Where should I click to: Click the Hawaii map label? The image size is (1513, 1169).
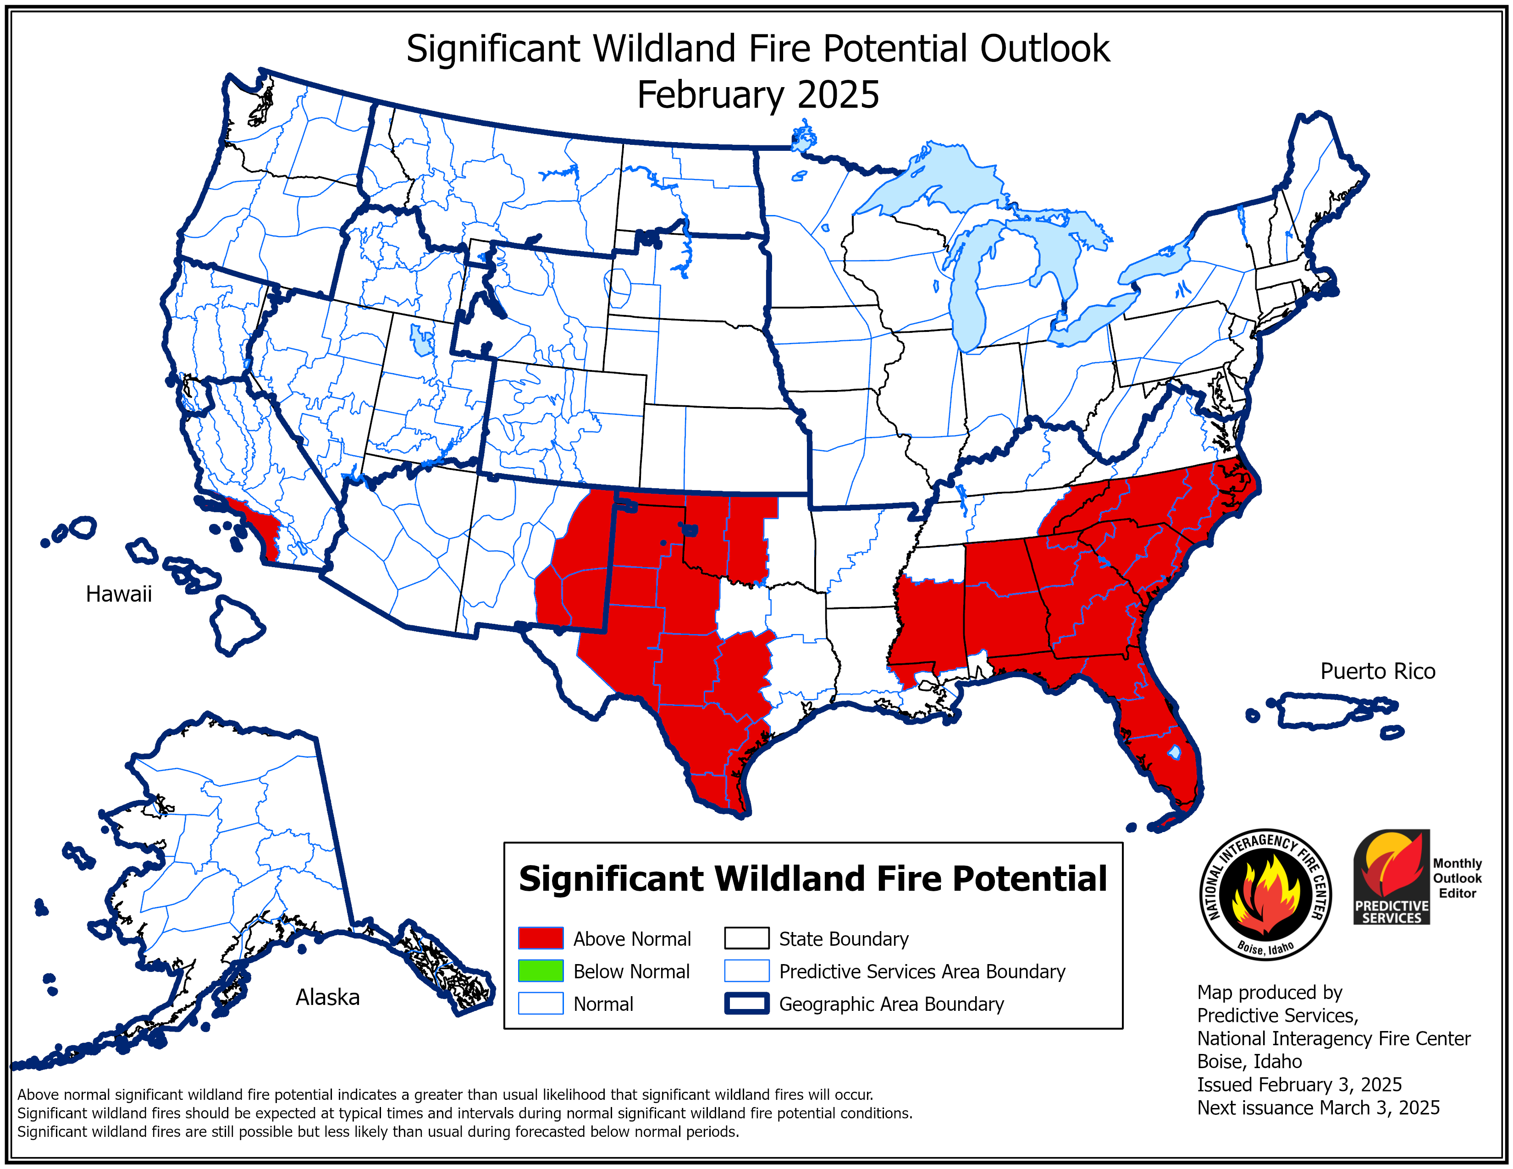[x=118, y=594]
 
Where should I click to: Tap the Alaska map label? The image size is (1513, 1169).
[x=328, y=997]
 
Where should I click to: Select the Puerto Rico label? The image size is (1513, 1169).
[x=1377, y=671]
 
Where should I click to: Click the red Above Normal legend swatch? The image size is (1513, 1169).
[x=541, y=938]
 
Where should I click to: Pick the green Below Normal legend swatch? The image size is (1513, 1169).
[x=541, y=971]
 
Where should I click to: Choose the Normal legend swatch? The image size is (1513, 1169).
[x=541, y=1004]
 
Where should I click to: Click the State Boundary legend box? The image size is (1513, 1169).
[x=746, y=938]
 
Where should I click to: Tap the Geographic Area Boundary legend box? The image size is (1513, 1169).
[x=746, y=1004]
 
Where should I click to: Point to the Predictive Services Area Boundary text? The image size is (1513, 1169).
[x=922, y=971]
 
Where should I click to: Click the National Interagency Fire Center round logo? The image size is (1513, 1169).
[x=1265, y=894]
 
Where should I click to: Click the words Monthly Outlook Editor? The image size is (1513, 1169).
[x=1457, y=878]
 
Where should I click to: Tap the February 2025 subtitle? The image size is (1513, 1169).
[x=757, y=95]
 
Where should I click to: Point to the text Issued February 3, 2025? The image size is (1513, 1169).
[x=1299, y=1085]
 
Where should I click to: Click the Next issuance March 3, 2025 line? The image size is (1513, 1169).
[x=1318, y=1108]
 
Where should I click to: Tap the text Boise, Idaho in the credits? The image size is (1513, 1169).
[x=1249, y=1062]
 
